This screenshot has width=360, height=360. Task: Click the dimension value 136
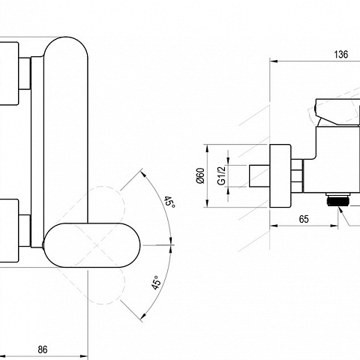[x=341, y=55]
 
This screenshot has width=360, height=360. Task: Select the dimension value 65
[x=304, y=219]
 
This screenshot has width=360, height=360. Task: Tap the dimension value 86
[x=43, y=349]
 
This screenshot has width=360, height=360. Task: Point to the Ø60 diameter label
[x=201, y=175]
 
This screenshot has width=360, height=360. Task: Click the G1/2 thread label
[x=221, y=175]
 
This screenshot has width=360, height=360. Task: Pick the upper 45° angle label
[x=169, y=202]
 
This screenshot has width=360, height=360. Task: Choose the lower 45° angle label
[x=156, y=283]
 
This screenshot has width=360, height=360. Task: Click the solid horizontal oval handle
[x=91, y=245]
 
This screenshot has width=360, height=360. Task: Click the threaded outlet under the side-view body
[x=337, y=199]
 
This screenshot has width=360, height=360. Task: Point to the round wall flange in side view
[x=280, y=175]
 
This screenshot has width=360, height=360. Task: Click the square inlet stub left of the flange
[x=259, y=175]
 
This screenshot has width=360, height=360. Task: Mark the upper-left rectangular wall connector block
[x=9, y=73]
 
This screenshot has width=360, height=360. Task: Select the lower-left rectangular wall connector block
[x=9, y=231]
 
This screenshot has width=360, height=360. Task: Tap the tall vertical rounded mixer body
[x=66, y=130]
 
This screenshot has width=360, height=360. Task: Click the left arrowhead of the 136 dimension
[x=274, y=61]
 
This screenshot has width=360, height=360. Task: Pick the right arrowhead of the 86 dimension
[x=84, y=356]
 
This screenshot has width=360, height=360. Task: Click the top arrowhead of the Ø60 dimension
[x=207, y=148]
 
